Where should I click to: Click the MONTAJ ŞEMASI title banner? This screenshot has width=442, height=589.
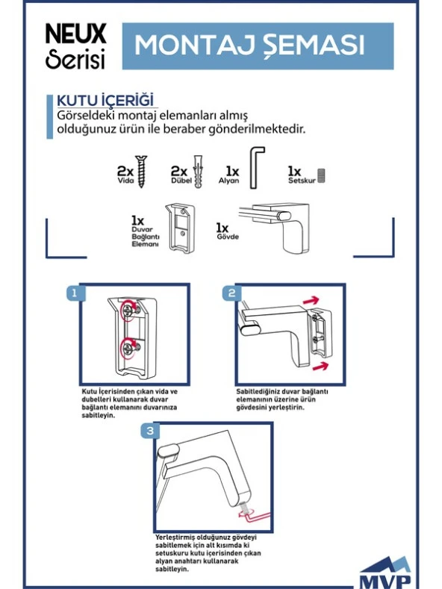pos(258,46)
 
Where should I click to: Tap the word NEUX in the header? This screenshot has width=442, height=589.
pos(76,34)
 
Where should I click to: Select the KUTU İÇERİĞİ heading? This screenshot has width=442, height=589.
pos(105,101)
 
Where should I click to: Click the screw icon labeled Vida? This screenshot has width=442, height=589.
pos(141,171)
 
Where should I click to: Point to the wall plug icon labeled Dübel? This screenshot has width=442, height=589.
pos(198,171)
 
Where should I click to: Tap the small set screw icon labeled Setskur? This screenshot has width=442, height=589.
pos(321,175)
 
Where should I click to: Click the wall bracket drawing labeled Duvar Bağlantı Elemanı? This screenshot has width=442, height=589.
pos(180,228)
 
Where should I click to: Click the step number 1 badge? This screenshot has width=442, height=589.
pos(74,293)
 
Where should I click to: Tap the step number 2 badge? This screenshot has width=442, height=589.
pos(231,293)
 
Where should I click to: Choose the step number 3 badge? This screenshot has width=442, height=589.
pos(150,431)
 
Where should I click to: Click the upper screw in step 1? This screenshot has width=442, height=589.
pos(128,310)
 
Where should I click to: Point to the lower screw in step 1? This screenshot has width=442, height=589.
pos(128,346)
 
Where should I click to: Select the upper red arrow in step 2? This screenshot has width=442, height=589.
pos(311,300)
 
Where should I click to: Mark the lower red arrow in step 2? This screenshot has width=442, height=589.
pos(320,367)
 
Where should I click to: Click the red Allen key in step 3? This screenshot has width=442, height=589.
pos(254,517)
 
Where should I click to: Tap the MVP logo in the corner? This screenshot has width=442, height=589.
pos(385,572)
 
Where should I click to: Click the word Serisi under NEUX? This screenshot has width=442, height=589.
pos(75,58)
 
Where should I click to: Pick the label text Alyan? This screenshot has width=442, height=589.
pos(229,181)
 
